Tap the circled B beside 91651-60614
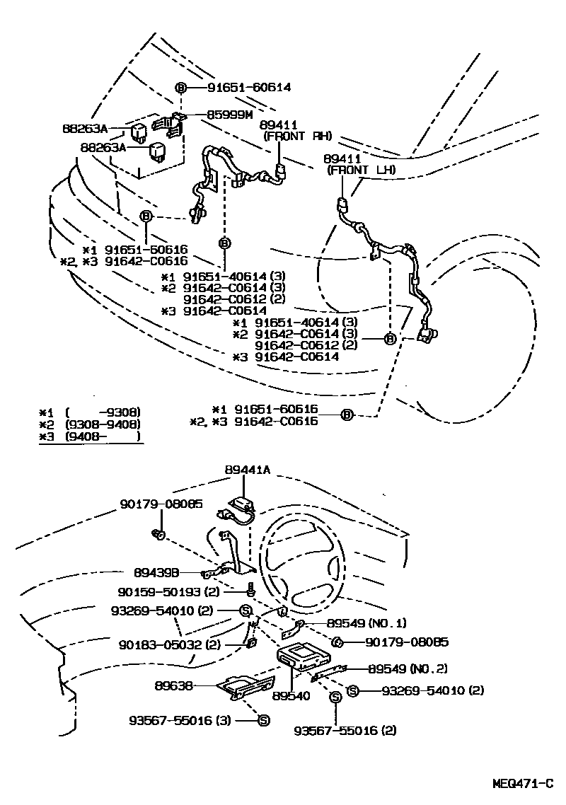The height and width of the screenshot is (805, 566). pos(180,88)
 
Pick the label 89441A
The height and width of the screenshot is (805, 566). pos(248,470)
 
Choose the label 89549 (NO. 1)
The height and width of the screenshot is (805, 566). pos(366,623)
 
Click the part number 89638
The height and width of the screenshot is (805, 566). pos(172,685)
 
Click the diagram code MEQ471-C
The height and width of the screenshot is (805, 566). pos(523,784)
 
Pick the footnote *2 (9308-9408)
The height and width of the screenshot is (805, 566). pos(91,424)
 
